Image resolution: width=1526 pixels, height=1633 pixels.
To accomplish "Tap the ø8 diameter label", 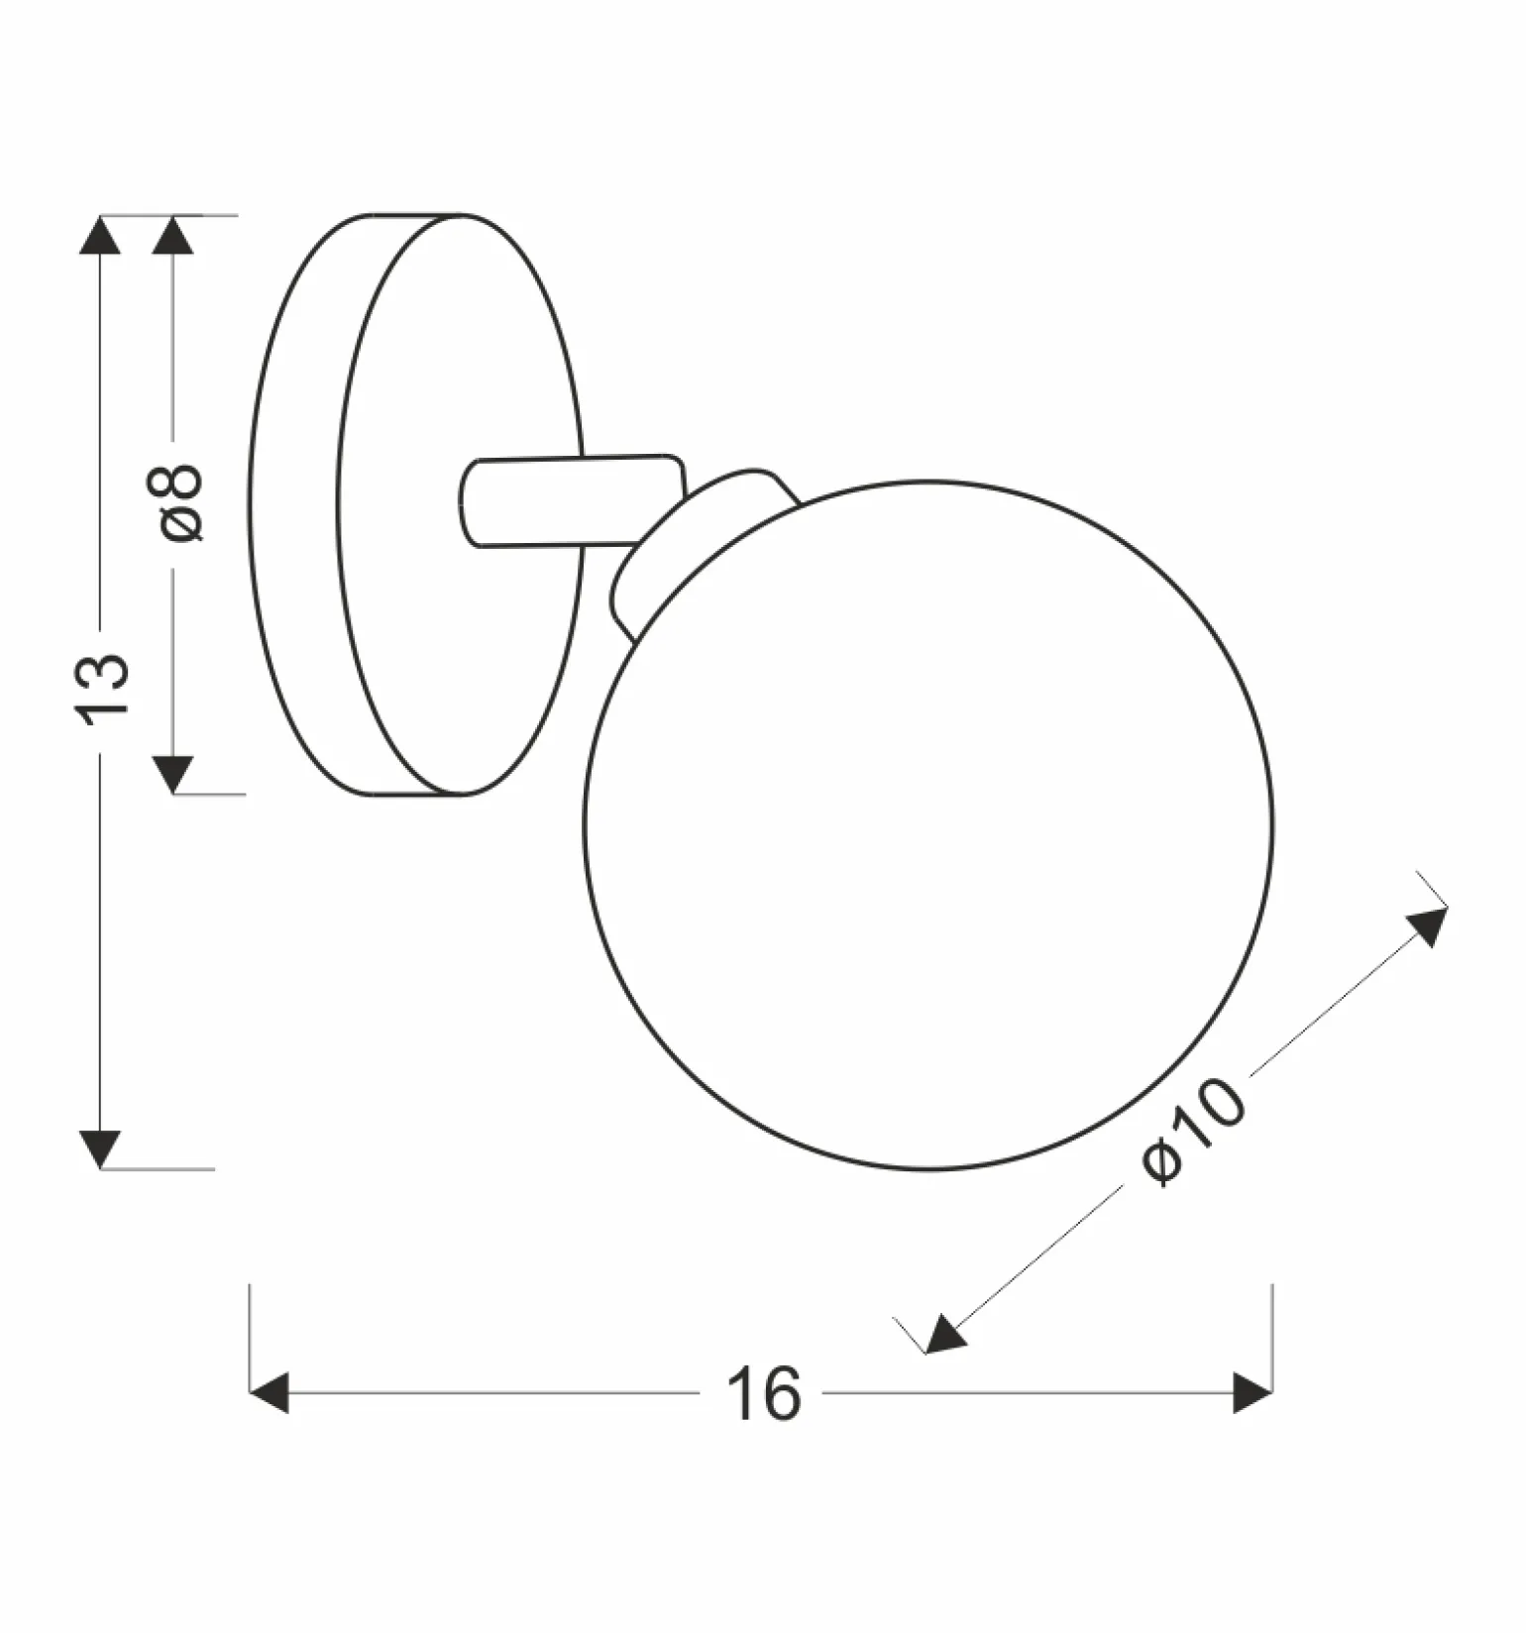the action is (179, 502).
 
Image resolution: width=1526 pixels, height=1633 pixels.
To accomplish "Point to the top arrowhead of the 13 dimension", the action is (99, 234).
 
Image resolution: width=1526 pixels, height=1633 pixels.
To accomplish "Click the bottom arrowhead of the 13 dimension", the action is (99, 1149).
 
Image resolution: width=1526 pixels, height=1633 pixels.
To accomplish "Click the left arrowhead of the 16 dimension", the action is (269, 1393).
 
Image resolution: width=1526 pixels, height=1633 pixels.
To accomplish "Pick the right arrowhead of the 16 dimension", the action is (1253, 1393).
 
